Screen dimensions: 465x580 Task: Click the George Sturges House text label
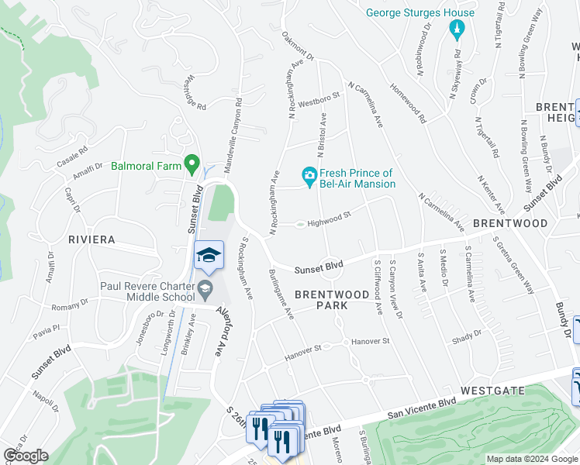coord(420,13)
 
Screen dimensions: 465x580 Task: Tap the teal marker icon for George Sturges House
coord(457,30)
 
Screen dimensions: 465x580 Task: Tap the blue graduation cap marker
coord(209,255)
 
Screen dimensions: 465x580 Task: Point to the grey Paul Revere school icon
coord(205,291)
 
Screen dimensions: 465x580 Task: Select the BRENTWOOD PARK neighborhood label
coord(332,300)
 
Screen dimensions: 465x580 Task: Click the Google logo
coord(25,456)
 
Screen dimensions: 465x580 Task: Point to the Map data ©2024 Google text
coord(531,459)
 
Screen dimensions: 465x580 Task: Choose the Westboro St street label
coord(319,99)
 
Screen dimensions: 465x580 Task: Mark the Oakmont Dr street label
coord(298,47)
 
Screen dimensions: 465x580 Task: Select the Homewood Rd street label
coord(409,106)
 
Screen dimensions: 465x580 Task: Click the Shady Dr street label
coord(467,333)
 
